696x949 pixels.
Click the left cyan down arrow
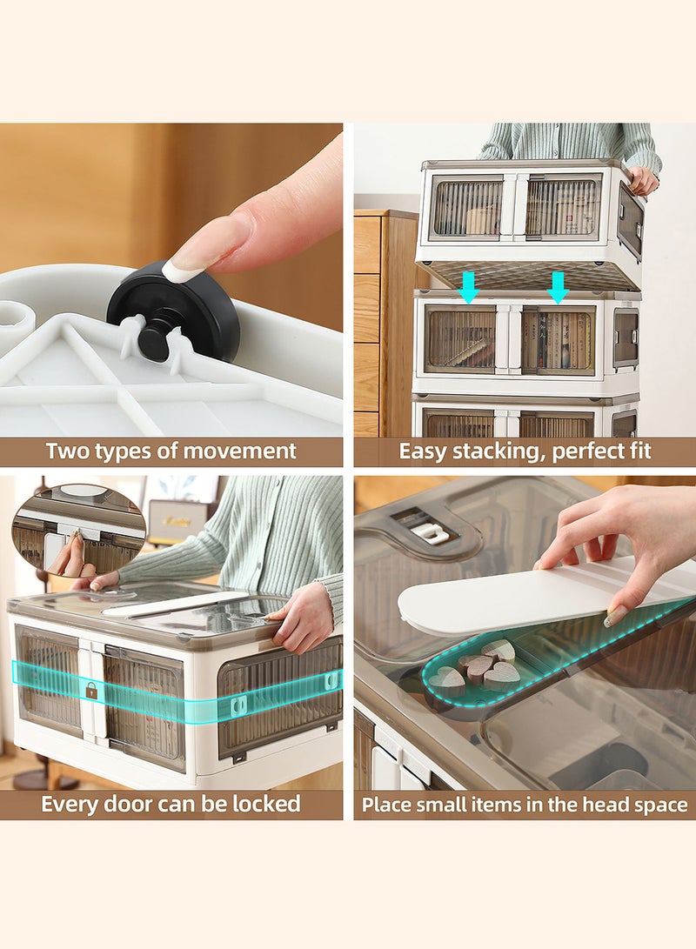(x=469, y=288)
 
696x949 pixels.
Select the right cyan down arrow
(x=558, y=288)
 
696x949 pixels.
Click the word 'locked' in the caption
(x=267, y=804)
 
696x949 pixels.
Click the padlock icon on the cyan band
(x=91, y=691)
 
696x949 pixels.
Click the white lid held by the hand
(x=545, y=596)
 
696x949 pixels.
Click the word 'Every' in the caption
(x=70, y=805)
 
